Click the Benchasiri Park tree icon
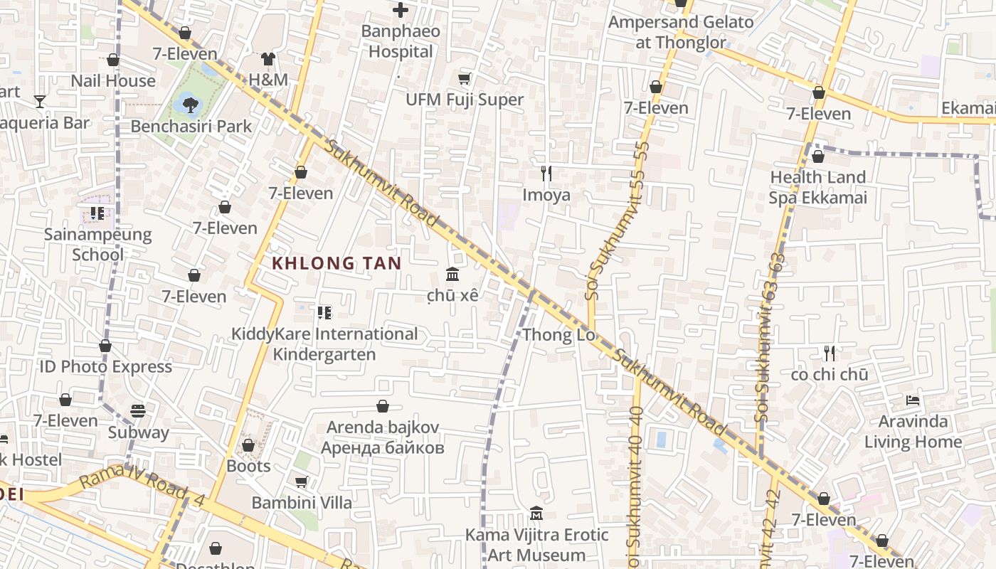point(190,105)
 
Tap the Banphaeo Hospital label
point(401,41)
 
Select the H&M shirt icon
point(267,59)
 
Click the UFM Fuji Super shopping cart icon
point(465,79)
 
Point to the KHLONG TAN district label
point(337,263)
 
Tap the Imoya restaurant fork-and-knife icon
point(546,173)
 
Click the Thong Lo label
point(558,335)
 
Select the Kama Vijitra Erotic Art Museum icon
point(536,514)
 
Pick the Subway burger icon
point(138,411)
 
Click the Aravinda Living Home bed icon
point(913,400)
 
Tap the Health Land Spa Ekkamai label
point(818,187)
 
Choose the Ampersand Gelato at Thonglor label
point(681,32)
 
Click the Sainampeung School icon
point(97,213)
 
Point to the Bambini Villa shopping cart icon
point(302,482)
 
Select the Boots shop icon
point(248,446)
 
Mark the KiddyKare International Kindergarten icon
point(324,312)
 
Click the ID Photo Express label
point(105,367)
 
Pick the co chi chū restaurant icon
point(830,353)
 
